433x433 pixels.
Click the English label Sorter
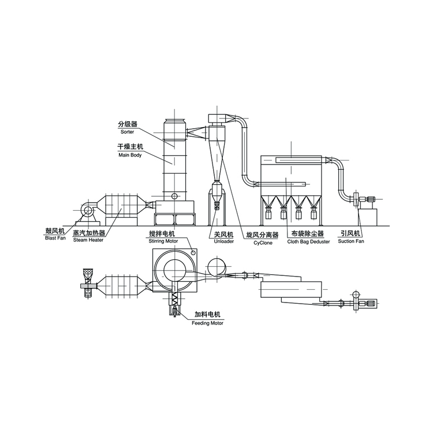[128, 132]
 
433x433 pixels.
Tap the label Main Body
[130, 155]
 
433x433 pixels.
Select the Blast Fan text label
[55, 238]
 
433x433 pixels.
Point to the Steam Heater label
[88, 240]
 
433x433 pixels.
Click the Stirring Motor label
[163, 241]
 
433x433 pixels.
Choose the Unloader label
[223, 241]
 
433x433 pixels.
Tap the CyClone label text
[263, 243]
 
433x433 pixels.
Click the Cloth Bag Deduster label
[308, 242]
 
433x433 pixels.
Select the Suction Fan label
[351, 241]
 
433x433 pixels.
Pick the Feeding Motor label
[207, 323]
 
